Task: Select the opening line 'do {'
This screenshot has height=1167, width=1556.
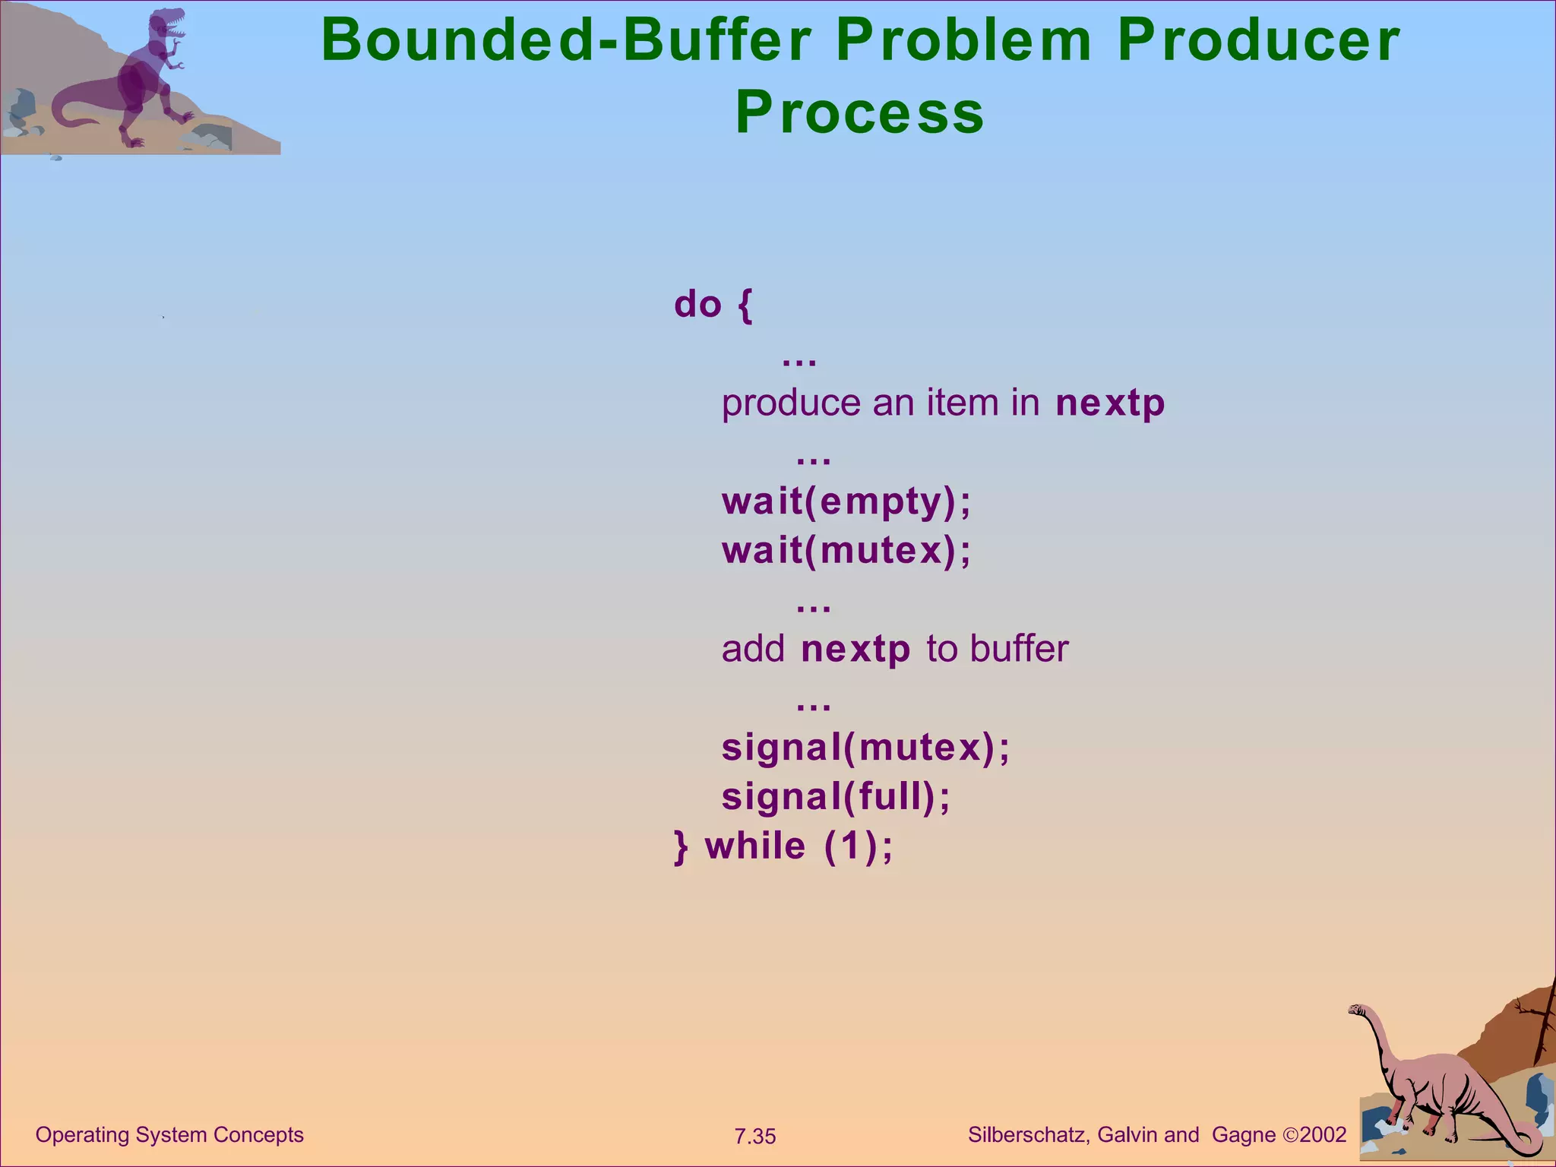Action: tap(713, 305)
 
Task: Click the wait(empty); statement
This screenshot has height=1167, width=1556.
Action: tap(846, 501)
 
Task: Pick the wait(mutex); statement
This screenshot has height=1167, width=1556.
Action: tap(846, 550)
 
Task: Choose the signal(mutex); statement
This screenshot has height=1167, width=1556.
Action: tap(865, 748)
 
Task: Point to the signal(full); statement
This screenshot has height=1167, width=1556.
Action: tap(836, 796)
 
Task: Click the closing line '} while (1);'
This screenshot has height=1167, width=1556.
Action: tap(783, 846)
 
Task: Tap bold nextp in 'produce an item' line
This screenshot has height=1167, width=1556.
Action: tap(1109, 403)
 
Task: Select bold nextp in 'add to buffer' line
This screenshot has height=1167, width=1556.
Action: tap(855, 650)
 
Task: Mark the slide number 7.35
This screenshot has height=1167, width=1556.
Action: tap(754, 1137)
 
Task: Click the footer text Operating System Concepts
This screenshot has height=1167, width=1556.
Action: tap(169, 1134)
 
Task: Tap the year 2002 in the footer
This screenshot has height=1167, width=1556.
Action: tap(1323, 1135)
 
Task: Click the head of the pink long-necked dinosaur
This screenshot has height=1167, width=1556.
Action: tap(1356, 1010)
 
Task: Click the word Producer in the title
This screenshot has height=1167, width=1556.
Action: tap(1257, 41)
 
